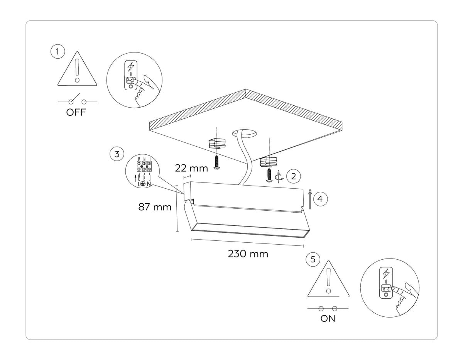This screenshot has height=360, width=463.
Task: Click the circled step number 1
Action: pyautogui.click(x=57, y=52)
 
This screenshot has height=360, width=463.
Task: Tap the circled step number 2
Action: pyautogui.click(x=294, y=177)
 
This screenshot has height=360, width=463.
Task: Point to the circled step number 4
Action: pyautogui.click(x=320, y=199)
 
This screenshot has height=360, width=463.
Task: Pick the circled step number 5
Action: pyautogui.click(x=313, y=259)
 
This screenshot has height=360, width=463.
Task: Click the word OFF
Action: pyautogui.click(x=76, y=113)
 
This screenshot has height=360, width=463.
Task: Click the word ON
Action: pyautogui.click(x=328, y=319)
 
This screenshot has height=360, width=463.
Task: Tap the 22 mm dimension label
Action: pyautogui.click(x=191, y=168)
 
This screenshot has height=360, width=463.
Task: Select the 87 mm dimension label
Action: pyautogui.click(x=155, y=207)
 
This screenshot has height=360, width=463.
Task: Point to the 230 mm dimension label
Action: pyautogui.click(x=248, y=254)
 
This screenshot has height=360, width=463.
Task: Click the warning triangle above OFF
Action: pyautogui.click(x=77, y=70)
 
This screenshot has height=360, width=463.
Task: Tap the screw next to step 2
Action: pyautogui.click(x=269, y=174)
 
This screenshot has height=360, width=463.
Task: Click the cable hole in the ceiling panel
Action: pyautogui.click(x=245, y=134)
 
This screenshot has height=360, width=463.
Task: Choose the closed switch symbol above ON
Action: pyautogui.click(x=328, y=308)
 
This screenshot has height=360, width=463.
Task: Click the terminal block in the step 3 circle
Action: pyautogui.click(x=144, y=165)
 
